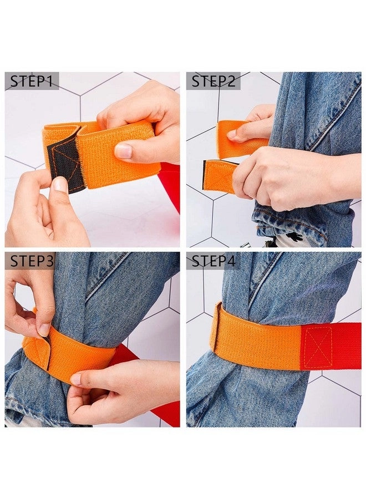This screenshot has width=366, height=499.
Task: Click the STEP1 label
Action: coord(32,82)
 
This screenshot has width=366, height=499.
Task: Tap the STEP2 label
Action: coord(213,82)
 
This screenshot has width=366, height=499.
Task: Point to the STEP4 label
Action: coord(213,261)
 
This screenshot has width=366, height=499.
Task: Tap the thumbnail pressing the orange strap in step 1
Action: coord(123,151)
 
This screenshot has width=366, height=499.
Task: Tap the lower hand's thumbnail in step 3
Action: coord(76,379)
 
